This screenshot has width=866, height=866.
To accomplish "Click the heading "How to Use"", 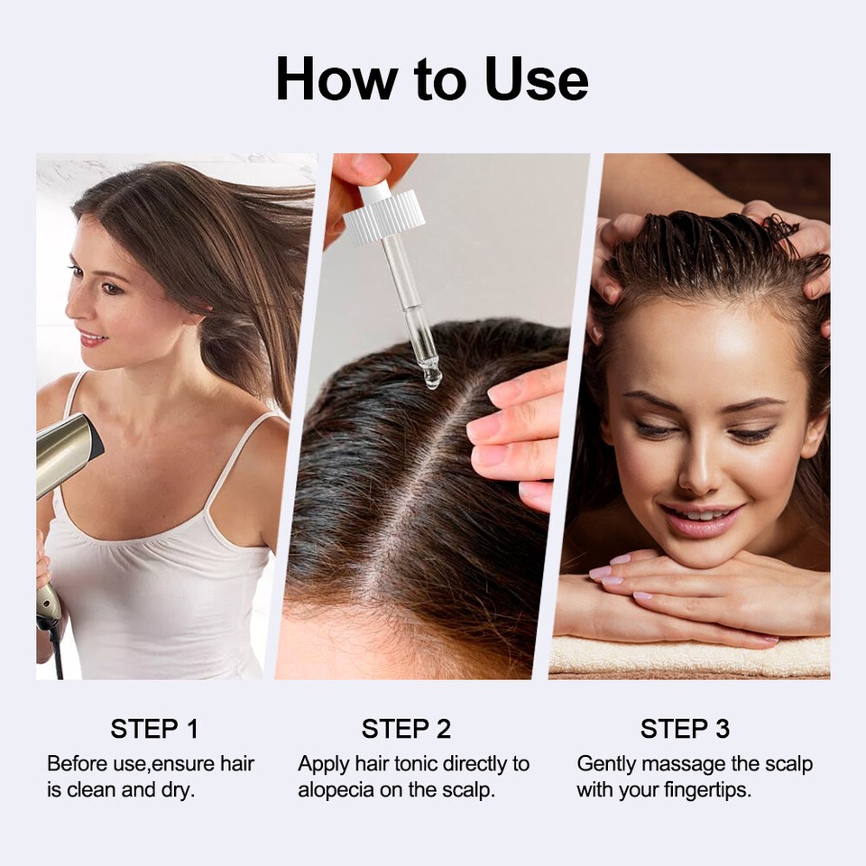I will [432, 79].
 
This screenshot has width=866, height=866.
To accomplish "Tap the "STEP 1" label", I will [154, 729].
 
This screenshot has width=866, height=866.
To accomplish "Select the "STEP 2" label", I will [406, 729].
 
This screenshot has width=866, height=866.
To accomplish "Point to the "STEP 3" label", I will [685, 729].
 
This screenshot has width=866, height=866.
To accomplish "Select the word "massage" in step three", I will [688, 764].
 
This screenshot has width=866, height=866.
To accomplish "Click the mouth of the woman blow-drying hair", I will [93, 338].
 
